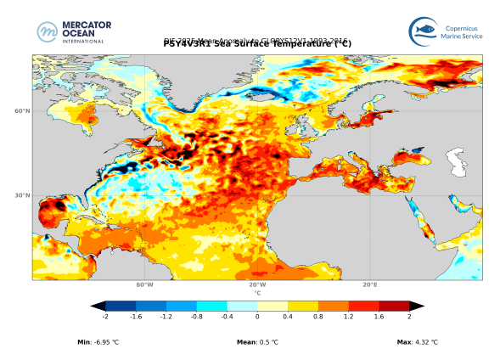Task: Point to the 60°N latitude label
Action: click(23, 111)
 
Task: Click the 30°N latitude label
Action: click(23, 195)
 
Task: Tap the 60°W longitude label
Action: click(144, 285)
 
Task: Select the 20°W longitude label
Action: click(257, 285)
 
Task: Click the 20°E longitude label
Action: click(370, 285)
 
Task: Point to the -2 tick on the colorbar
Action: click(105, 316)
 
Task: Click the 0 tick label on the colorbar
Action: click(257, 316)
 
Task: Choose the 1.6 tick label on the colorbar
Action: click(379, 316)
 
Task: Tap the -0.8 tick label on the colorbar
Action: click(196, 316)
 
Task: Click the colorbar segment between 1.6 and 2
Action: click(393, 306)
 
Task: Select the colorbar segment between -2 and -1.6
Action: click(121, 306)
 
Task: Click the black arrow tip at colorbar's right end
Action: click(417, 306)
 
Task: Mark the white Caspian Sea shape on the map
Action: click(458, 158)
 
